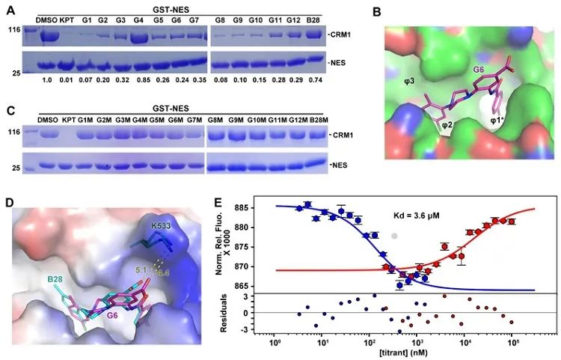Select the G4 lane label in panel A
tap(138, 20)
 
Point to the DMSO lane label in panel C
tap(47, 120)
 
